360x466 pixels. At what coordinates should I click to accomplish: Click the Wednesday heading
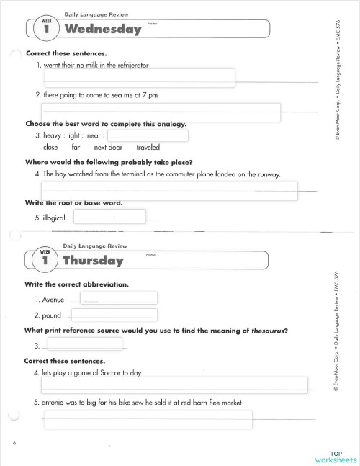(x=102, y=30)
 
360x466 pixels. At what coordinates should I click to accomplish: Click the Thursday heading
(x=94, y=260)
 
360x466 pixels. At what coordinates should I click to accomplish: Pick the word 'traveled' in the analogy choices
(x=148, y=147)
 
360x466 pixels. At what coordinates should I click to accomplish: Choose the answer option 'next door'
(x=109, y=147)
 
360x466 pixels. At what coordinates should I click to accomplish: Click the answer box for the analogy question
(x=148, y=135)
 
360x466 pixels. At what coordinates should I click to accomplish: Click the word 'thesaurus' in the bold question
(x=264, y=331)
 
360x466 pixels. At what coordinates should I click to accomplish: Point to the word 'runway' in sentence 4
(x=266, y=174)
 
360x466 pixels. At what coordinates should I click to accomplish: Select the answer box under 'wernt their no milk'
(x=138, y=77)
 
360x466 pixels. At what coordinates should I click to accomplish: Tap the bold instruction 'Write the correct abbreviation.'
(x=76, y=284)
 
